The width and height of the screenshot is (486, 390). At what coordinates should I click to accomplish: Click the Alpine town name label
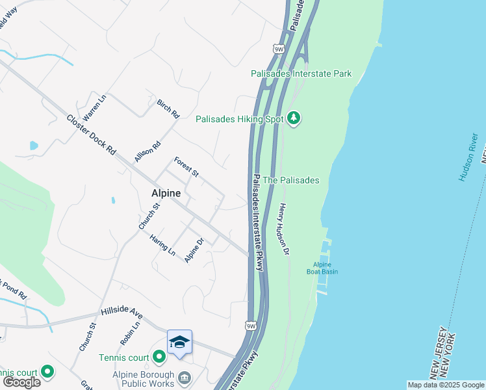pyautogui.click(x=166, y=193)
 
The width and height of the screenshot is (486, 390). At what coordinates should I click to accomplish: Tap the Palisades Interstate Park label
pyautogui.click(x=301, y=73)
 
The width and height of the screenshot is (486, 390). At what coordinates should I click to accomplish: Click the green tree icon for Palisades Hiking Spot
pyautogui.click(x=294, y=118)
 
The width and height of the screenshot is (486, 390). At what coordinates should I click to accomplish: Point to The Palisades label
pyautogui.click(x=292, y=180)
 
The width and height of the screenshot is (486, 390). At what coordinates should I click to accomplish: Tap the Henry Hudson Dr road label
pyautogui.click(x=283, y=229)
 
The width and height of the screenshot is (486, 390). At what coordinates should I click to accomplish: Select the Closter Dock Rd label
pyautogui.click(x=91, y=134)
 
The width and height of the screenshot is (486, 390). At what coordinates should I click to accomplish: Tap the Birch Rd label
pyautogui.click(x=168, y=109)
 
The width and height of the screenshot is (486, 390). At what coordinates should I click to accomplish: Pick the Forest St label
pyautogui.click(x=186, y=166)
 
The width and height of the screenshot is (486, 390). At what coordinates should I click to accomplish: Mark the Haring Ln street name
pyautogui.click(x=162, y=244)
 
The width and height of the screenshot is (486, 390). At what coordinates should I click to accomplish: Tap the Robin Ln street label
pyautogui.click(x=126, y=333)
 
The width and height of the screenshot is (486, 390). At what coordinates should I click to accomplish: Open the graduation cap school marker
pyautogui.click(x=179, y=342)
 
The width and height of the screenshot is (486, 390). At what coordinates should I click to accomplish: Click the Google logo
pyautogui.click(x=21, y=382)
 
